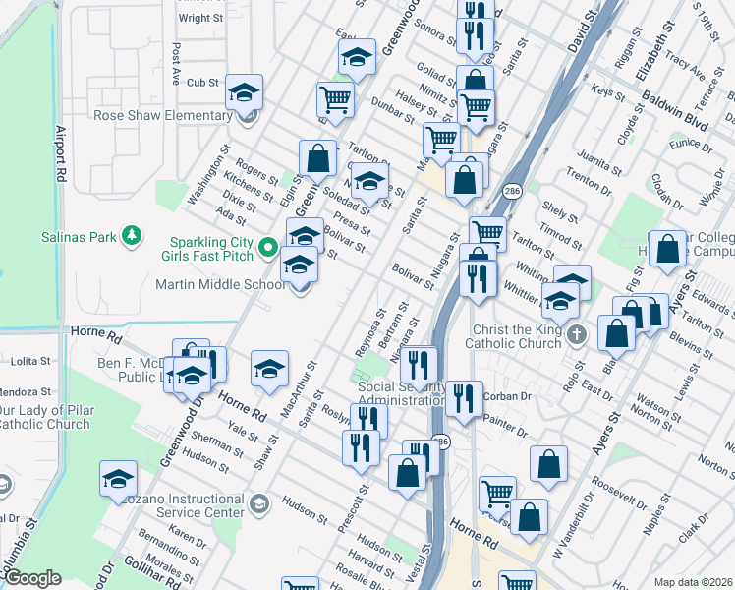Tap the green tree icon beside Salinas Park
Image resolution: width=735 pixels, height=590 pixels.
[130, 236]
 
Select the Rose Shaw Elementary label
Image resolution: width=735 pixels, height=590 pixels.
[162, 115]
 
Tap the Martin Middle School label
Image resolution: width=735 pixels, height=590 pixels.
[221, 284]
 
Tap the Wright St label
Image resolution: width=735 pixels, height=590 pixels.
[200, 18]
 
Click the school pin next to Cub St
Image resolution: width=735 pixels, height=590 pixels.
[244, 93]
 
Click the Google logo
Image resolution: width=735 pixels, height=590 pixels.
[33, 578]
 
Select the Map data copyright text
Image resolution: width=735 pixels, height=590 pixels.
[693, 582]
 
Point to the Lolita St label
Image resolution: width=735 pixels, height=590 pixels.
[30, 363]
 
